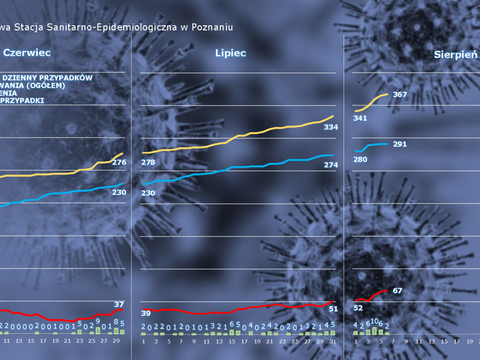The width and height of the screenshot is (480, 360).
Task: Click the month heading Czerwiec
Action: pyautogui.click(x=27, y=53)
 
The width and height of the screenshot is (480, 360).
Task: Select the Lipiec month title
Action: pyautogui.click(x=231, y=53)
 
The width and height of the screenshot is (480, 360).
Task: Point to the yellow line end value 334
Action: pyautogui.click(x=331, y=127)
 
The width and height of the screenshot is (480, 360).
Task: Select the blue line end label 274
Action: pyautogui.click(x=331, y=165)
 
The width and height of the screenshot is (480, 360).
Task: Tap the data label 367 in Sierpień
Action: pyautogui.click(x=400, y=94)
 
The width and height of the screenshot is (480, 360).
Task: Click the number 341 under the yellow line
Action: pyautogui.click(x=360, y=118)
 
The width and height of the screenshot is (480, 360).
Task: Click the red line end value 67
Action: pyautogui.click(x=397, y=291)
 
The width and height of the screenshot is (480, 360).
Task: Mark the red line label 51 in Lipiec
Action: pyautogui.click(x=333, y=308)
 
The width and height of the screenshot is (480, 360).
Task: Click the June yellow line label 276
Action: pyautogui.click(x=119, y=162)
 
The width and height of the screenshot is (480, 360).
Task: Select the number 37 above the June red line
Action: pyautogui.click(x=119, y=304)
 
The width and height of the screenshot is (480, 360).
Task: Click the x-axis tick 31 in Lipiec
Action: pyautogui.click(x=333, y=341)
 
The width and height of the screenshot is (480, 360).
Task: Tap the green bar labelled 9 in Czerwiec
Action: pyautogui.click(x=98, y=330)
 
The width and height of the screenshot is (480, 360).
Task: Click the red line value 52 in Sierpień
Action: pyautogui.click(x=358, y=308)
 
